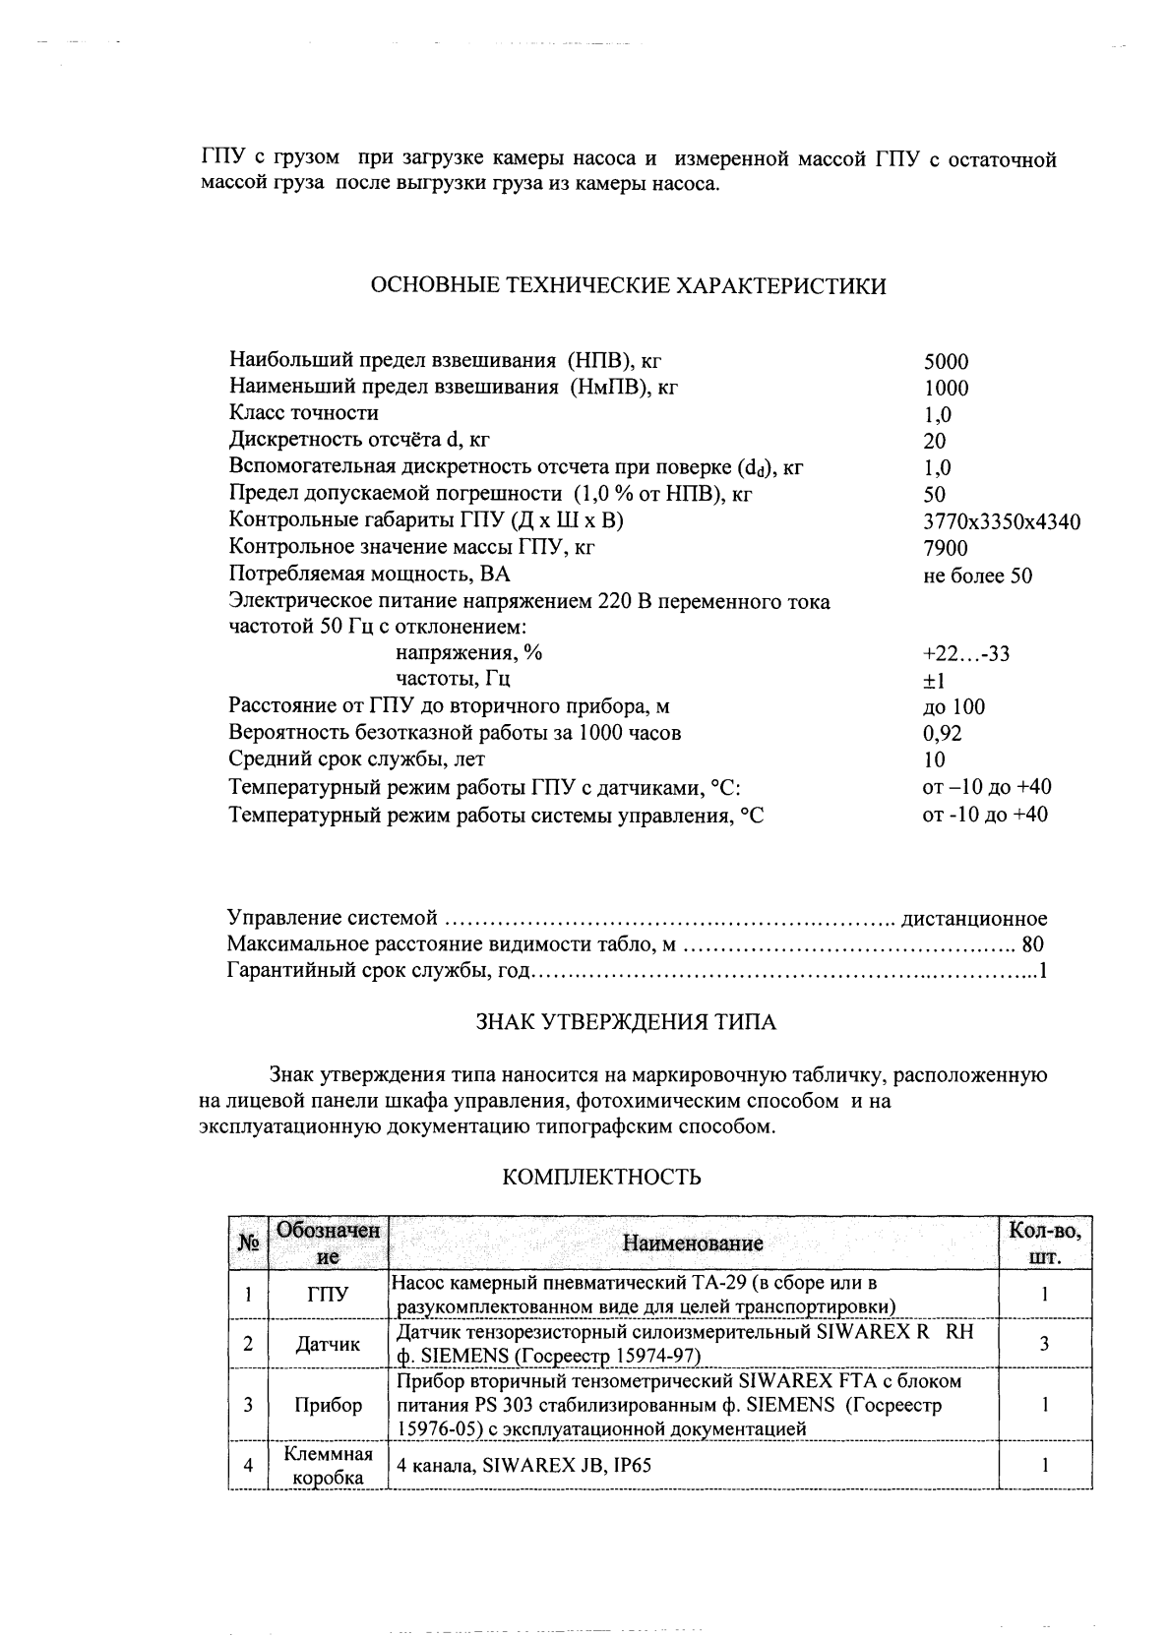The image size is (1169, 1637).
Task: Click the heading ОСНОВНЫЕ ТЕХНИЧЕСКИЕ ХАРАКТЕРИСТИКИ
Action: pyautogui.click(x=627, y=286)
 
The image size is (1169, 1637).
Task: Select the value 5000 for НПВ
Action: pyautogui.click(x=946, y=362)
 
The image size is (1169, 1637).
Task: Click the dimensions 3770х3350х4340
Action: pyautogui.click(x=1001, y=521)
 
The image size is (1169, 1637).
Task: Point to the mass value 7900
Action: pyautogui.click(x=946, y=548)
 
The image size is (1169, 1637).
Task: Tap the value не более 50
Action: pyautogui.click(x=977, y=576)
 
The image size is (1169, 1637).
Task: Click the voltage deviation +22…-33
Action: pyautogui.click(x=965, y=653)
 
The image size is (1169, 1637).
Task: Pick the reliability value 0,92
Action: pyautogui.click(x=942, y=733)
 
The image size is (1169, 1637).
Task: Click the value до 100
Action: pyautogui.click(x=953, y=707)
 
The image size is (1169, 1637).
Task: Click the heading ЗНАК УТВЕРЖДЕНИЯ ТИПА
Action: pyautogui.click(x=626, y=1022)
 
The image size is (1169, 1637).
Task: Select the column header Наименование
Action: pyautogui.click(x=693, y=1243)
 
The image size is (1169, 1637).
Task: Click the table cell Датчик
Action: pyautogui.click(x=328, y=1344)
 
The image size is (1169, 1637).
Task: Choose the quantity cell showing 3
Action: pyautogui.click(x=1044, y=1343)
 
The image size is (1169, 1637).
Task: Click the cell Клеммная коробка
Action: pyautogui.click(x=328, y=1466)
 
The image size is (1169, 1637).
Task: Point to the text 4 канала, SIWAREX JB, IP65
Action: pyautogui.click(x=523, y=1465)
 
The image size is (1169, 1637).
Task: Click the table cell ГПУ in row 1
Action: pyautogui.click(x=328, y=1295)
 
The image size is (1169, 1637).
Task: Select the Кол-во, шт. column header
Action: pyautogui.click(x=1044, y=1243)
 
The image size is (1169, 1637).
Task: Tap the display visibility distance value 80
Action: pyautogui.click(x=1032, y=945)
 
